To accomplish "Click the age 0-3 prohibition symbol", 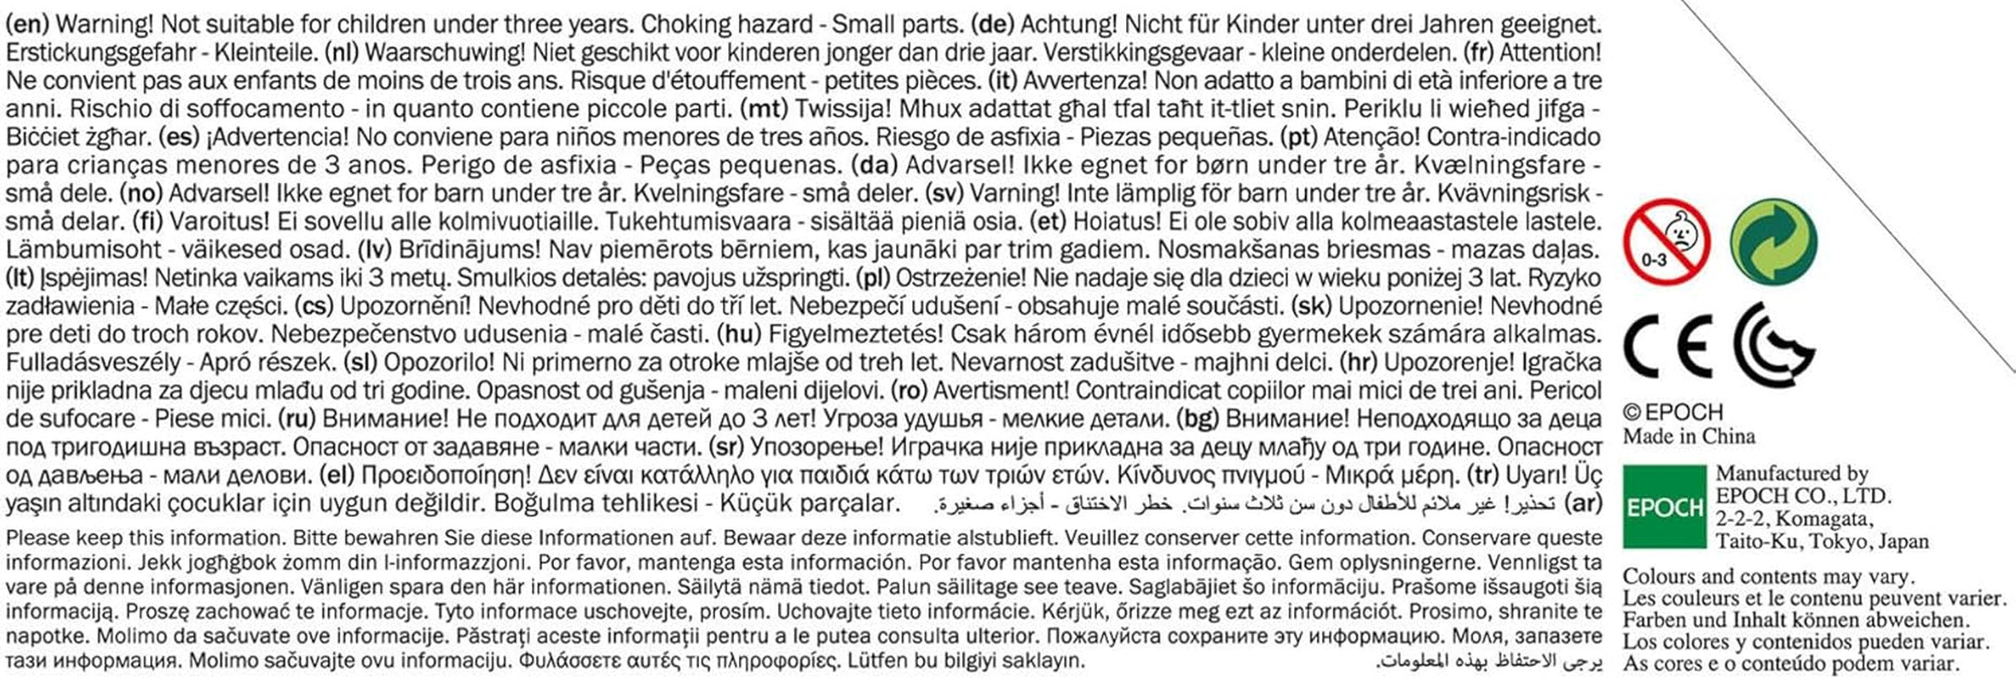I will pos(1666,240).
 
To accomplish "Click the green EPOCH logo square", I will pos(1664,507).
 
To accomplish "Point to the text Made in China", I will pos(1688,436).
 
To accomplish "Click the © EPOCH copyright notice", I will pos(1672,412).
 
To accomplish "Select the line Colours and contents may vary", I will pos(1768,576).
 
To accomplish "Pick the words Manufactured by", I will pos(1792,473).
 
